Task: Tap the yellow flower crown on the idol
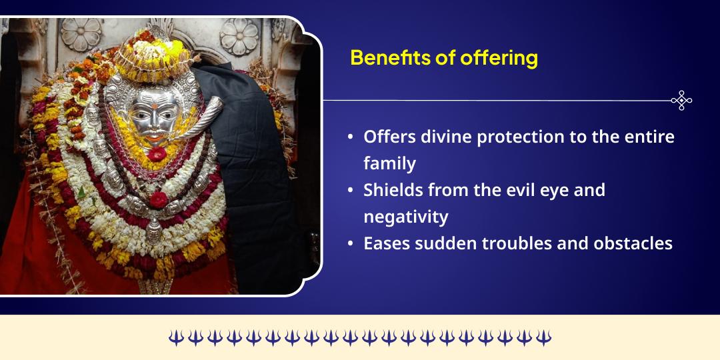150,50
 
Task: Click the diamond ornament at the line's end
681,101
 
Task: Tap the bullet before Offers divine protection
351,137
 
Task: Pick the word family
389,163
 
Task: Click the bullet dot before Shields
351,191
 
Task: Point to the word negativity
406,217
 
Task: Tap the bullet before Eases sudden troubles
351,244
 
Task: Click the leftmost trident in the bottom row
176,338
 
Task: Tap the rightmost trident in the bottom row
544,338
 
